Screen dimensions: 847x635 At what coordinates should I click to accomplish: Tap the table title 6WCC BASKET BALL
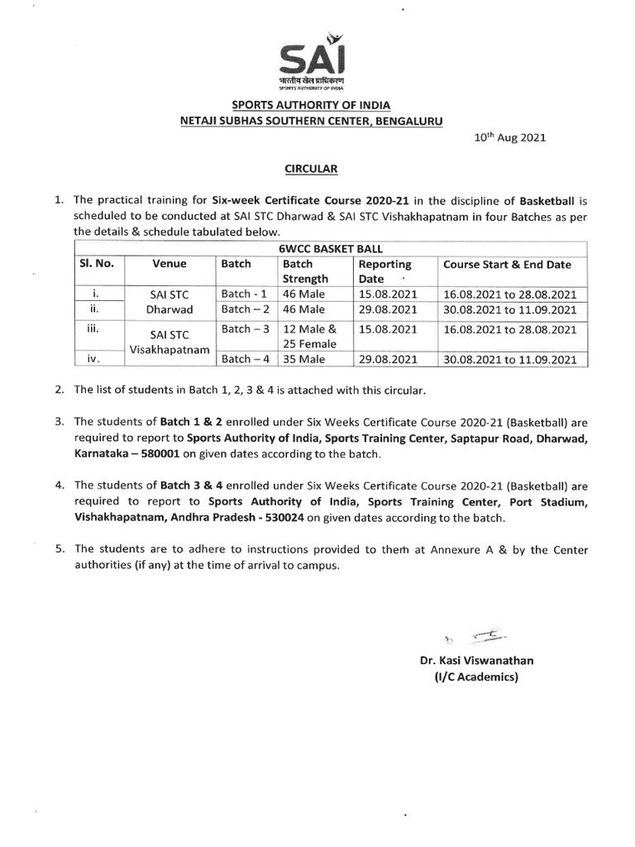point(330,248)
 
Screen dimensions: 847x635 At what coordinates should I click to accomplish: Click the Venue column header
point(169,265)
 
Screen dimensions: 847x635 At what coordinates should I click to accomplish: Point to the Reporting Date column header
point(384,271)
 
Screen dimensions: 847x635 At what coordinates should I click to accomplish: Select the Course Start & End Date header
point(507,265)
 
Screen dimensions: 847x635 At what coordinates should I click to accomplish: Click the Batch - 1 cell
point(243,294)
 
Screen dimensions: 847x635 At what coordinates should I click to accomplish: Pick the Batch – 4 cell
point(244,358)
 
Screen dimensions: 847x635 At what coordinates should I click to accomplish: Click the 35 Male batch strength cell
point(304,358)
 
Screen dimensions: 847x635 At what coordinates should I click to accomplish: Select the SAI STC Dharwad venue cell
point(169,301)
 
